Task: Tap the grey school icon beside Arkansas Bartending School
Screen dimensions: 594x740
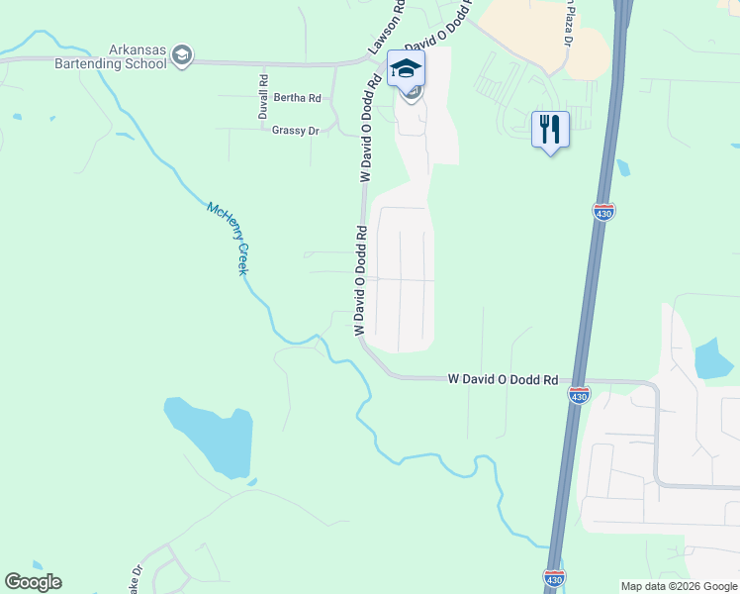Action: pos(181,55)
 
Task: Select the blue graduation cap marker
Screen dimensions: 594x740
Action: pos(406,69)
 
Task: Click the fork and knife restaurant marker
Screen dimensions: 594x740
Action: pos(550,129)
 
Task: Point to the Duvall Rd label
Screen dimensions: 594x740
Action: pos(264,98)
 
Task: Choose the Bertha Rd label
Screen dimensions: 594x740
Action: pos(297,98)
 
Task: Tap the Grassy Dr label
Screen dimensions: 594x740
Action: pos(295,130)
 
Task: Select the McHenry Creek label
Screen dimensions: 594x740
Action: pos(227,239)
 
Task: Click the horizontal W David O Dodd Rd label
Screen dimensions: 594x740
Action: pos(503,379)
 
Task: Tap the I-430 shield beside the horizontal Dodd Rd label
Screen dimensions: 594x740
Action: pos(580,395)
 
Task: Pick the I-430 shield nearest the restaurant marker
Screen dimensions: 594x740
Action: pos(603,212)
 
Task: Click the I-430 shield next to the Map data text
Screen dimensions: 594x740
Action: pos(554,577)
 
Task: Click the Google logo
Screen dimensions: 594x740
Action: pos(33,582)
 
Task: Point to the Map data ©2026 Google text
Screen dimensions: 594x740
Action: pos(679,586)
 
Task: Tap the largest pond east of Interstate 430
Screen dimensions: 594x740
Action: pos(713,358)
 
